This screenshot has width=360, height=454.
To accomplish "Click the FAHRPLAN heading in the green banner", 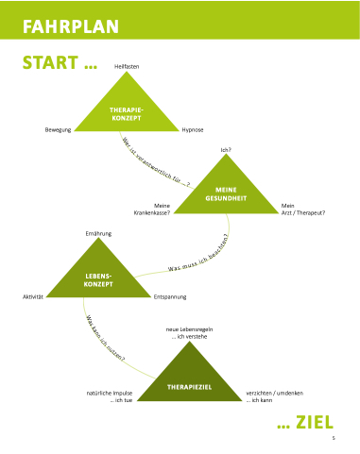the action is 71,26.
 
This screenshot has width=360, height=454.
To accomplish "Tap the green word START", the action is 50,62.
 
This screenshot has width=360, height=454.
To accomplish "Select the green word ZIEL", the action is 315,422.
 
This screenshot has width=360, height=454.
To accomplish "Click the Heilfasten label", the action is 127,66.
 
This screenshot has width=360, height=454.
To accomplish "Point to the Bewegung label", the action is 58,130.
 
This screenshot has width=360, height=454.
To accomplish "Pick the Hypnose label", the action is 193,130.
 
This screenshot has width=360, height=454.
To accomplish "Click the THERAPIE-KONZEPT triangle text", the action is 127,114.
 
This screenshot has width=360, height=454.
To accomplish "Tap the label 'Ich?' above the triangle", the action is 226,150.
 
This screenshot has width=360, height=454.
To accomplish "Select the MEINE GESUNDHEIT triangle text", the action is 226,194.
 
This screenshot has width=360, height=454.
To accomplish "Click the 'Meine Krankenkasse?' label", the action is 152,210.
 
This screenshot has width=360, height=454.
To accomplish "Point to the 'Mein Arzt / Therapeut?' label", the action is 303,210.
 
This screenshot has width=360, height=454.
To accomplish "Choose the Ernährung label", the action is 98,233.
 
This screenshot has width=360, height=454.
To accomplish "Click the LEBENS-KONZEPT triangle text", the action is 98,280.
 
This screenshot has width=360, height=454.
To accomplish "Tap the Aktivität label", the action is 33,296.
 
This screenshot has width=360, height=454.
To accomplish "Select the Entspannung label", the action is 170,296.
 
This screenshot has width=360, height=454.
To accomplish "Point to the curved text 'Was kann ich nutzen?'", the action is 105,339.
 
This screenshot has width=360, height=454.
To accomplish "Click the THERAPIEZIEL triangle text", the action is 189,387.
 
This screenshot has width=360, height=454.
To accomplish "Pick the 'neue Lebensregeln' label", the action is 189,329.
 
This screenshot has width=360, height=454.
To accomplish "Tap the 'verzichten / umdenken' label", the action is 275,393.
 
